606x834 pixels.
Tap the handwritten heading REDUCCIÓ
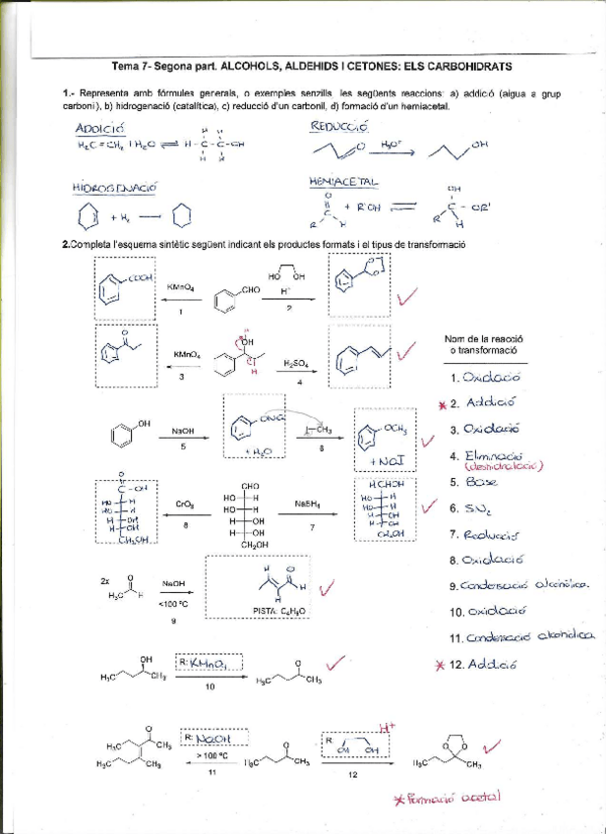pyautogui.click(x=338, y=126)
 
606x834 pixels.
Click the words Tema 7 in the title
pyautogui.click(x=133, y=66)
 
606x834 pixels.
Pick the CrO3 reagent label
pyautogui.click(x=184, y=504)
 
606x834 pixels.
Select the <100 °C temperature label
pyautogui.click(x=173, y=604)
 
